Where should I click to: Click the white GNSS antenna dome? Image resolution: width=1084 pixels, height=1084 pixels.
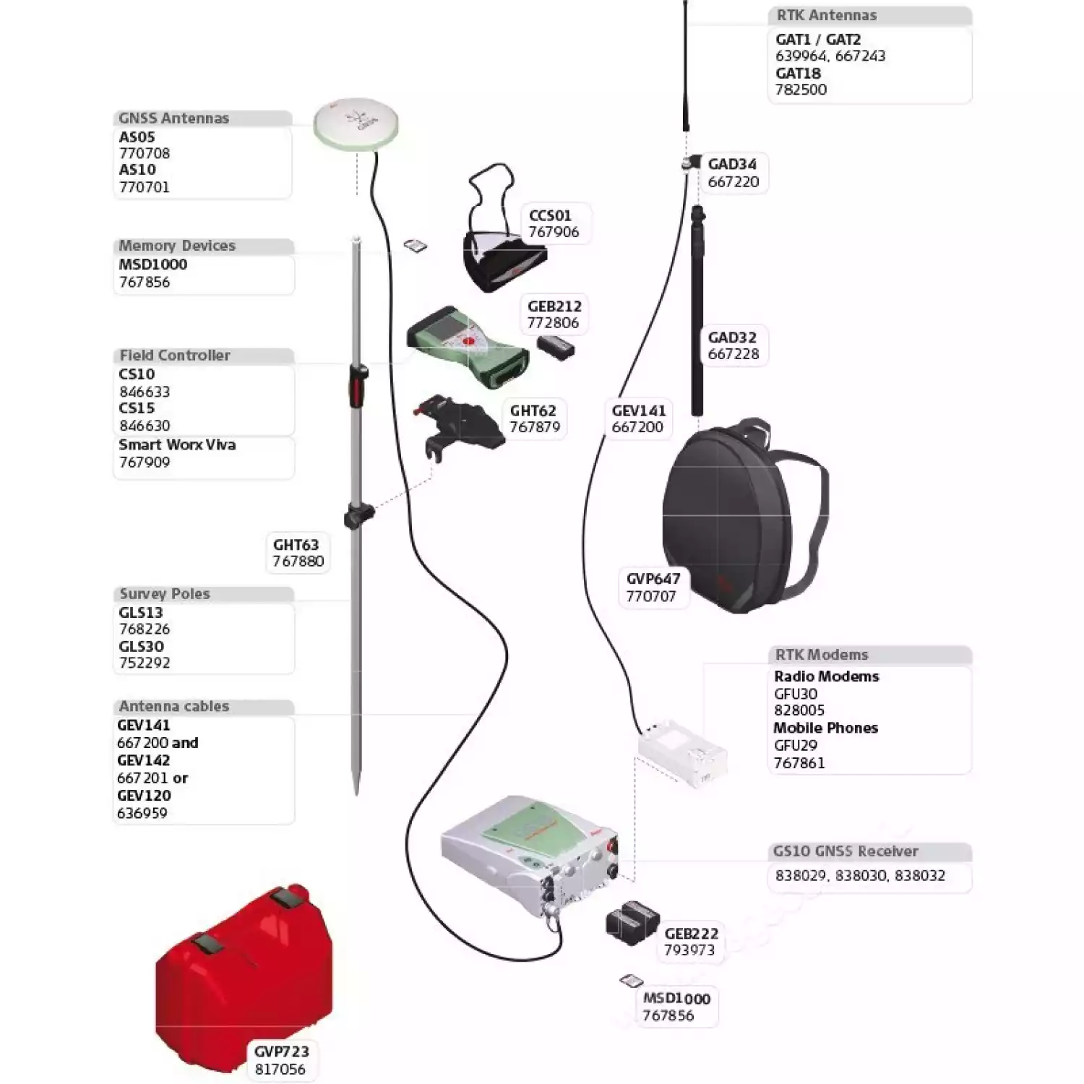pyautogui.click(x=356, y=124)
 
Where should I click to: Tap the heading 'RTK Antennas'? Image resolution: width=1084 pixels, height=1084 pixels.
pyautogui.click(x=826, y=15)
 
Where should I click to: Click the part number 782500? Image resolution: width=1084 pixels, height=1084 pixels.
pyautogui.click(x=801, y=90)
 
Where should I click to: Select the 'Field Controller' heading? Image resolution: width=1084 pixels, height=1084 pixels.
pyautogui.click(x=175, y=356)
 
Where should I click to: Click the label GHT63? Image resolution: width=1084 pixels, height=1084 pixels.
pyautogui.click(x=296, y=545)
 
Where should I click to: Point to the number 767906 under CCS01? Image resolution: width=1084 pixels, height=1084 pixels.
pyautogui.click(x=554, y=232)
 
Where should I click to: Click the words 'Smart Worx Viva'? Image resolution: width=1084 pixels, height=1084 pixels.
pyautogui.click(x=177, y=445)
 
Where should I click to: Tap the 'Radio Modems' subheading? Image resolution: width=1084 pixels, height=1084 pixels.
pyautogui.click(x=826, y=676)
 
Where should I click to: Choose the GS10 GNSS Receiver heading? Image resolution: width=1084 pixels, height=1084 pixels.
pyautogui.click(x=846, y=851)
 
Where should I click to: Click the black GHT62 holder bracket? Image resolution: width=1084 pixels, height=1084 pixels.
pyautogui.click(x=463, y=426)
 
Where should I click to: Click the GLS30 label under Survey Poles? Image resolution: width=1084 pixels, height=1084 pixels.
pyautogui.click(x=142, y=646)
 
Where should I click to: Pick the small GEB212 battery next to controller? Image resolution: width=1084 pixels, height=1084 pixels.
pyautogui.click(x=556, y=348)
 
